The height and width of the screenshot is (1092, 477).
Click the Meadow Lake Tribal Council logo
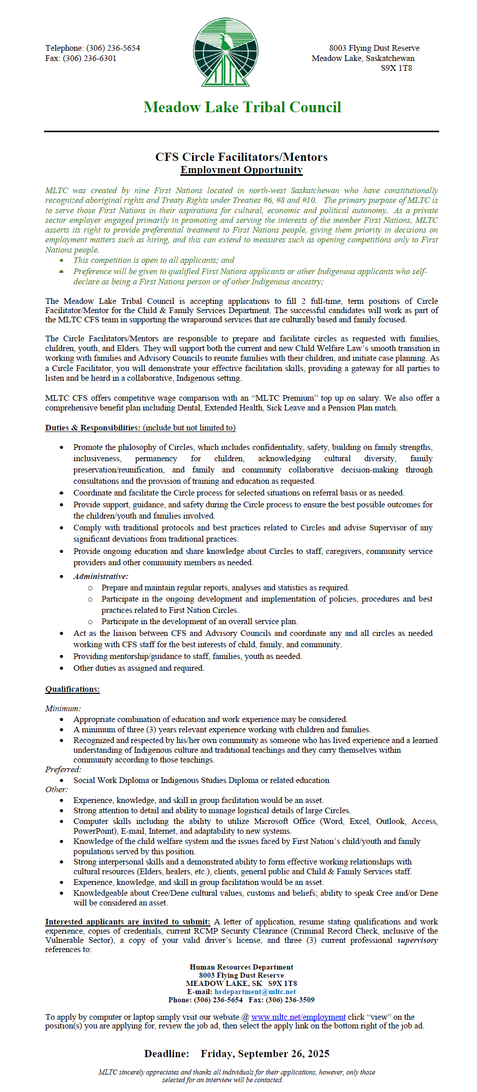tap(225, 52)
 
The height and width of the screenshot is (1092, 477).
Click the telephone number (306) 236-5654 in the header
tap(113, 48)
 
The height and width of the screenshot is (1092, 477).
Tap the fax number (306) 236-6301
tap(90, 58)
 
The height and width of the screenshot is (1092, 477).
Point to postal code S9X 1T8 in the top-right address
tap(396, 68)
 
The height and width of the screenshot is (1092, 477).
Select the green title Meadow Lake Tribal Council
tap(242, 107)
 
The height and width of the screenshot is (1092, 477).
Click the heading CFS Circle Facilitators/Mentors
tap(241, 157)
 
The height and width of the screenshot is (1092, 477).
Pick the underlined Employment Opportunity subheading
tap(241, 170)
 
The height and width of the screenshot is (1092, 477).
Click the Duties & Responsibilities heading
tap(92, 428)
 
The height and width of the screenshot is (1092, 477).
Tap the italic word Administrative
tap(100, 576)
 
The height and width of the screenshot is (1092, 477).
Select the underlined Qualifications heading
tap(72, 689)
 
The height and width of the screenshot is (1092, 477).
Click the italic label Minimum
tap(63, 709)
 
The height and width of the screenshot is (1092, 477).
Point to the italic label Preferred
tap(63, 770)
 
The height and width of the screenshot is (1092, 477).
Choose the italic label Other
tap(56, 790)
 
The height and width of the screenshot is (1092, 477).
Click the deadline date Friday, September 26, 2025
tap(265, 1054)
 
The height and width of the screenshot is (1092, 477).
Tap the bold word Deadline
tap(167, 1054)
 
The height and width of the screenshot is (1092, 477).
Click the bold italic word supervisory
tap(417, 940)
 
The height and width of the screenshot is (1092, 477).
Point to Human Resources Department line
tap(241, 967)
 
